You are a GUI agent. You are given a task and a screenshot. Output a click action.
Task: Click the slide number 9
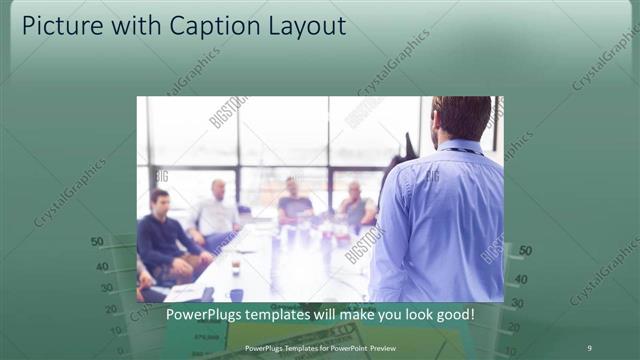pos(589,347)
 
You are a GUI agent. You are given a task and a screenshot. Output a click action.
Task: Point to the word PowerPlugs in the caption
pos(205,314)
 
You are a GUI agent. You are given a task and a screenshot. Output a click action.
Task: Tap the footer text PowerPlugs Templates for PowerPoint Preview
pos(319,347)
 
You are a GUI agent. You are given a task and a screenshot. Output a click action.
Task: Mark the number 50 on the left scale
pos(97,242)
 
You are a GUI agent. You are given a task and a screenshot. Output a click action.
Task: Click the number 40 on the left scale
pos(102,267)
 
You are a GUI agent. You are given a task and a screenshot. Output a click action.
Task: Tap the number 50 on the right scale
pos(525,251)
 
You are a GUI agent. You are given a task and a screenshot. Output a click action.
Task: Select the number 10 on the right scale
pos(512,350)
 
